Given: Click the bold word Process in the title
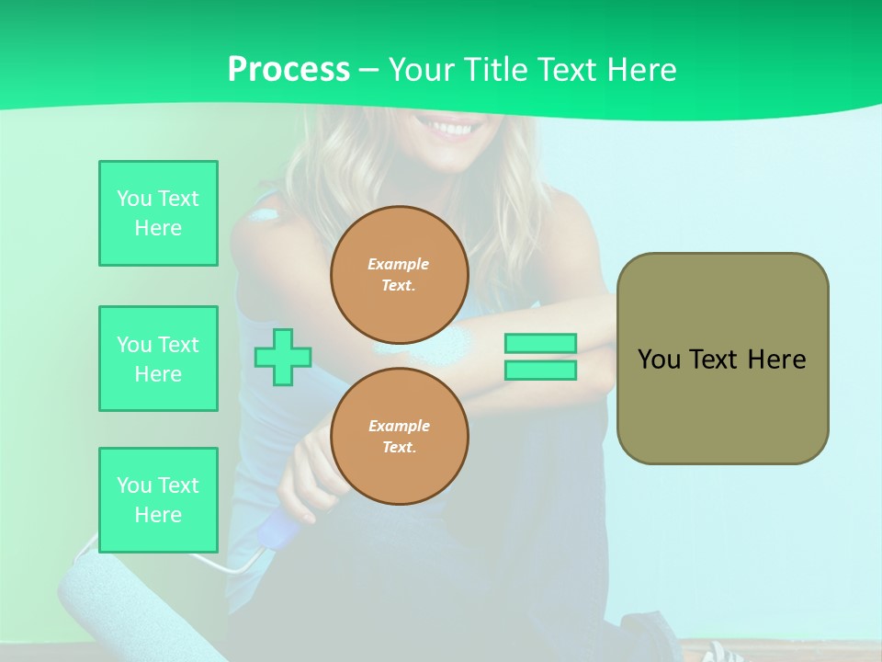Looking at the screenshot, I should pos(288,70).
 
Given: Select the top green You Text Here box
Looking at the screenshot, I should pos(158,213).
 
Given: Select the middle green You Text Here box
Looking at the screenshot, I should pos(158,359).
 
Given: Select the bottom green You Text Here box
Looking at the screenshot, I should pos(158,500).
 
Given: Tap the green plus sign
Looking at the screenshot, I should pos(283,357).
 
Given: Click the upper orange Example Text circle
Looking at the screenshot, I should pos(400,275).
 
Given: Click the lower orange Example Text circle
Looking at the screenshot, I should pos(400,437).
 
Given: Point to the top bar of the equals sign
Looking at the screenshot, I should pos(540,343).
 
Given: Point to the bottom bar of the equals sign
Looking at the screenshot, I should pos(540,371).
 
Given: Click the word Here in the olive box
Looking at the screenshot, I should pos(776,360).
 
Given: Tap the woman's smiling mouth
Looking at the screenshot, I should pos(450,129).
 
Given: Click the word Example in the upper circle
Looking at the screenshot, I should pos(399,264).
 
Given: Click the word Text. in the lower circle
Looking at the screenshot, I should pos(399,448).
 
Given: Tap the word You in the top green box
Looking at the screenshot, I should pos(133,199).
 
